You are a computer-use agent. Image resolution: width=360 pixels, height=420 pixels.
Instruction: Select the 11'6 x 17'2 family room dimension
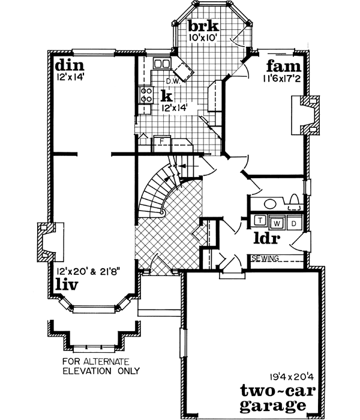point(283,77)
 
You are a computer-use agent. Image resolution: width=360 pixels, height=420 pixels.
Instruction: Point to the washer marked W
point(277,223)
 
